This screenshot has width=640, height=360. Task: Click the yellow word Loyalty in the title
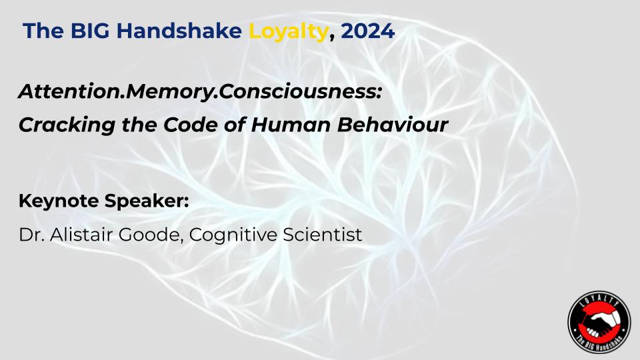coord(288,32)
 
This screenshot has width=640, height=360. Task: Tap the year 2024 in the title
coord(368,31)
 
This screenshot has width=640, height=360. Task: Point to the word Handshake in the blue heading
coord(179,31)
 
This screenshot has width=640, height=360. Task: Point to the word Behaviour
coord(393,125)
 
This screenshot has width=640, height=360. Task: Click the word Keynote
coord(59,201)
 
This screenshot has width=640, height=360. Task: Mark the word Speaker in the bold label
coord(147,201)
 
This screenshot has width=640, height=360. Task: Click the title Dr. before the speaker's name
coord(32,235)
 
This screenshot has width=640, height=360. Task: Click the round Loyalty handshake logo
coord(599,321)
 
